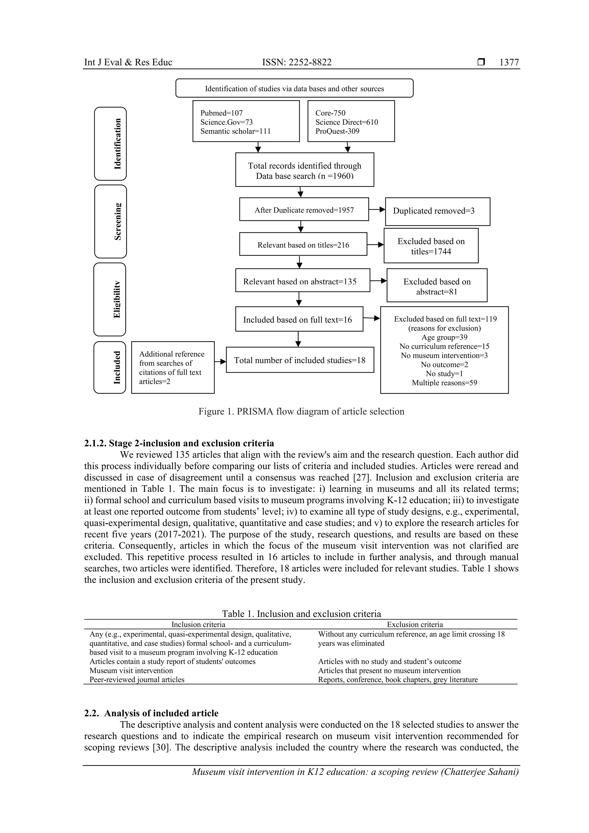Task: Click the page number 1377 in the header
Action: click(509, 62)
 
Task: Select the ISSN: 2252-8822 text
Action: click(297, 62)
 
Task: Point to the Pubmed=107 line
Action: click(221, 113)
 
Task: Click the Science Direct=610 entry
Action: click(346, 122)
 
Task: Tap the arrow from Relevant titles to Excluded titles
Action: click(375, 245)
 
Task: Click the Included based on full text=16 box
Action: click(299, 319)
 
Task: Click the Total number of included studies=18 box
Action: click(299, 360)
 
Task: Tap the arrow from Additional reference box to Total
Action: click(220, 361)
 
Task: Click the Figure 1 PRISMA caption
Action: click(301, 411)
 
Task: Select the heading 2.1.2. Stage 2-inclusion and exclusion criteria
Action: click(179, 443)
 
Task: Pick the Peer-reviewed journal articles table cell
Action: click(137, 679)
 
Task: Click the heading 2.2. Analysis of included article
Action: click(151, 713)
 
